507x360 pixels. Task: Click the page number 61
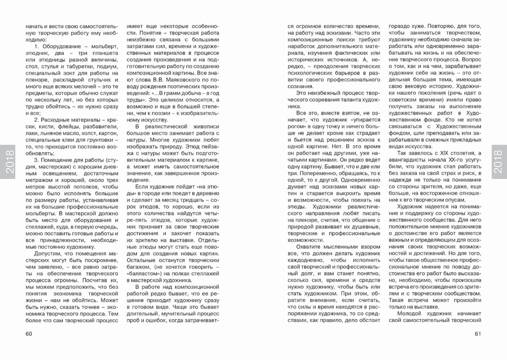[478, 333]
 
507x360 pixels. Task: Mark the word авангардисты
[407, 162]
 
